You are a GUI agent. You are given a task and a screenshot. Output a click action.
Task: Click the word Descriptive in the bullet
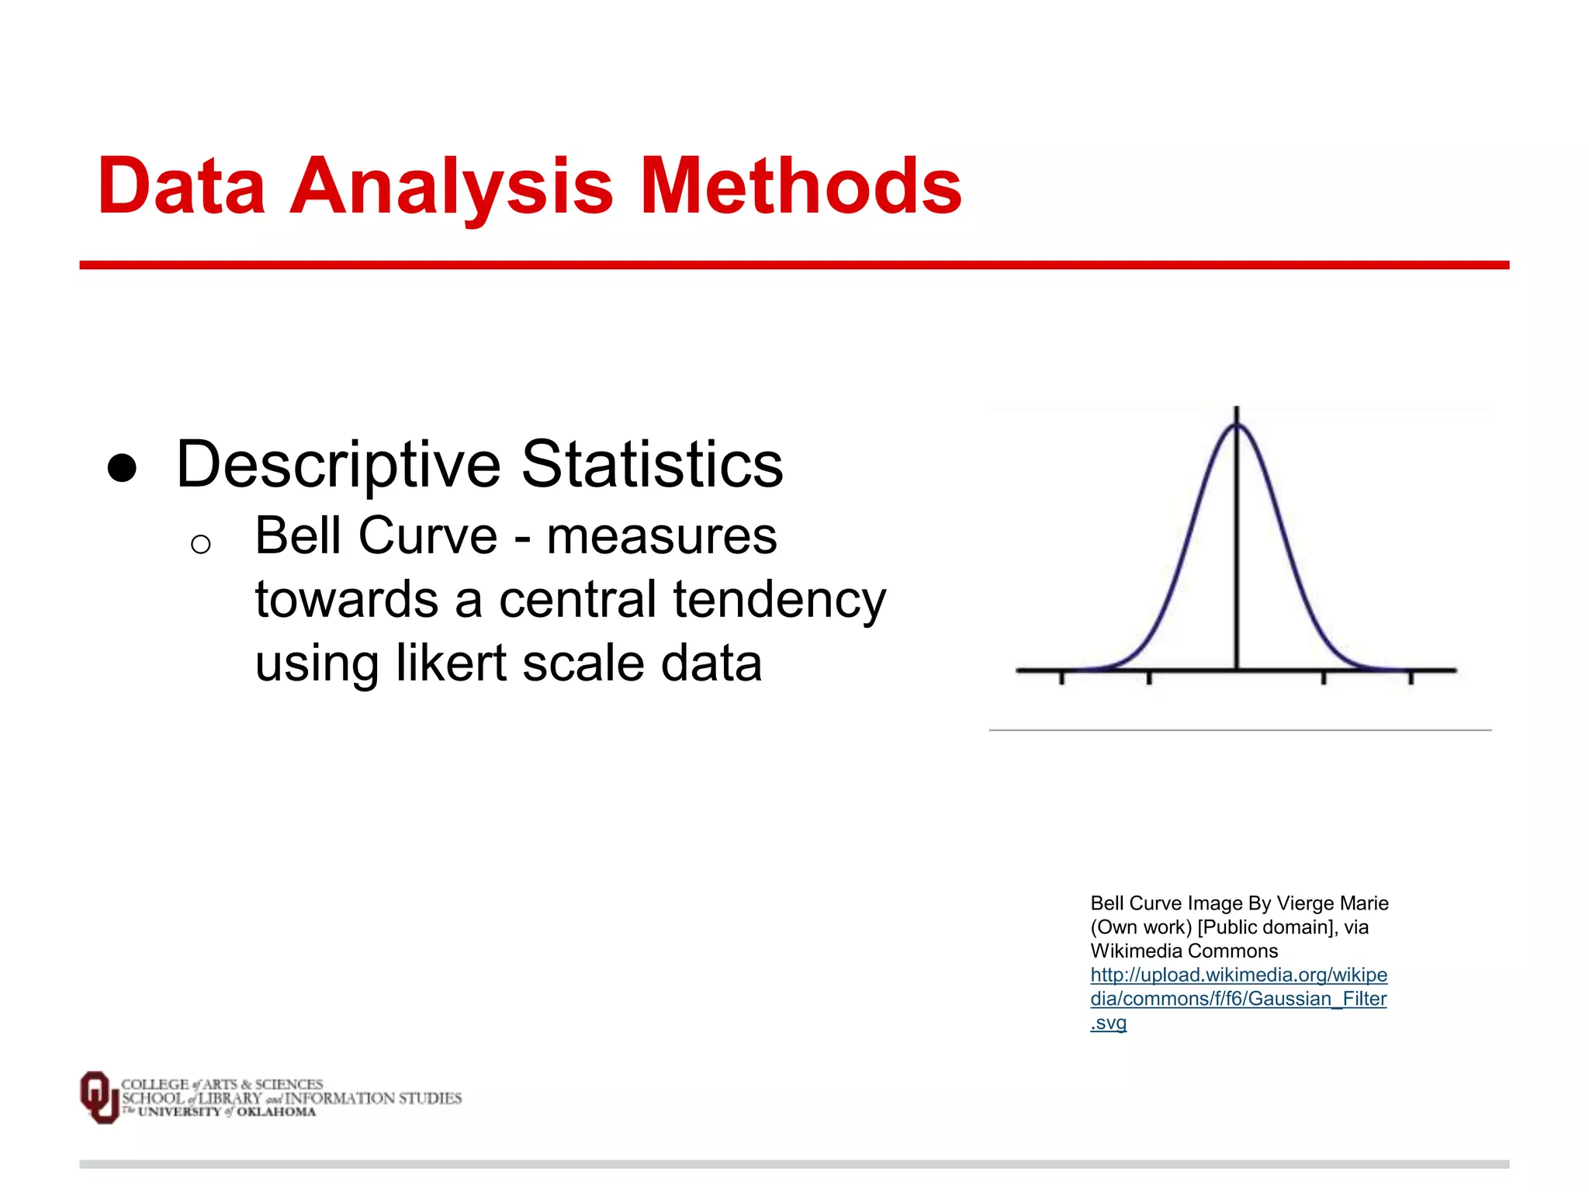point(338,466)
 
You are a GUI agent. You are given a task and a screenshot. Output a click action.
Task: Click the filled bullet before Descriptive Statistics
point(122,468)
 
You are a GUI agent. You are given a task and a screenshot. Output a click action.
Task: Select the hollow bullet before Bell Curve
point(200,544)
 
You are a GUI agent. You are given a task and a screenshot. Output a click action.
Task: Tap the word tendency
point(779,601)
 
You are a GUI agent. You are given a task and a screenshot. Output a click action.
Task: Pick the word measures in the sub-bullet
point(661,536)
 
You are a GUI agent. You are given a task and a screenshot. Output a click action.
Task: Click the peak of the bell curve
point(1237,425)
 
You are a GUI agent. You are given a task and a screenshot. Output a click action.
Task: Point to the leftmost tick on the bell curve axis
point(1062,677)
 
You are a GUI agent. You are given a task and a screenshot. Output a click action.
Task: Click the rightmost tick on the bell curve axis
point(1411,677)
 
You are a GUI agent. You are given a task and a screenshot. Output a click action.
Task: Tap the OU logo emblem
point(99,1097)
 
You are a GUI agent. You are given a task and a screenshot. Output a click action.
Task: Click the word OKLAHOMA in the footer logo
point(276,1112)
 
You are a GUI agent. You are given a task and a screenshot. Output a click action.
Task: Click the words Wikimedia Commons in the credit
point(1184,951)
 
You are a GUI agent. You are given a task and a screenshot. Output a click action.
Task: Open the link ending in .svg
point(1108,1023)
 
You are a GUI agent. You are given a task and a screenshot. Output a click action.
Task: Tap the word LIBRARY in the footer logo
point(230,1098)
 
